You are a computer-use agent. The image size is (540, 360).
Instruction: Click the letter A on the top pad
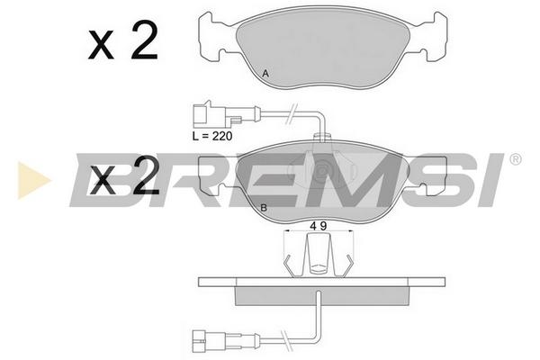click(265, 74)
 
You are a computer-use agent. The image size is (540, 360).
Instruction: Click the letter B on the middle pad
click(264, 208)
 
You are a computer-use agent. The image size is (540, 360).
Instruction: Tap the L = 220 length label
click(212, 136)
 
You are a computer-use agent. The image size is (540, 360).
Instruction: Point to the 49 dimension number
click(319, 226)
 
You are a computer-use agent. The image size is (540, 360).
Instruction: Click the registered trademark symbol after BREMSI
click(515, 159)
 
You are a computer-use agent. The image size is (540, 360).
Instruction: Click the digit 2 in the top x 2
click(145, 41)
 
